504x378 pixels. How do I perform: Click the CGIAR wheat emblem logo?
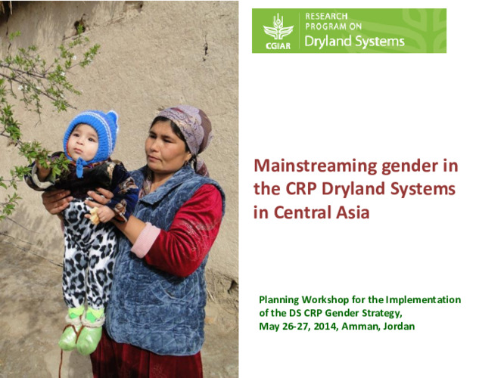coord(278,27)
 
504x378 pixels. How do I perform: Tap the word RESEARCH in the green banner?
coord(327,14)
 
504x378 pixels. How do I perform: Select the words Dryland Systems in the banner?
coord(354,42)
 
